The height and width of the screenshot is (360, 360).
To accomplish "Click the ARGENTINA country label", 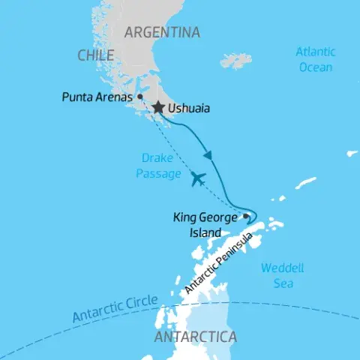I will [x=162, y=32].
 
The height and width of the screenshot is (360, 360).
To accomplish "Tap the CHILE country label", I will [x=95, y=55].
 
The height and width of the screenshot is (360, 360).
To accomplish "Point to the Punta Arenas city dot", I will [x=140, y=97].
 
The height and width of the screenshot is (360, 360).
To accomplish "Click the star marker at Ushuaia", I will [x=158, y=109].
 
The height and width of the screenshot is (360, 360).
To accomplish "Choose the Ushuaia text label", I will [x=189, y=109].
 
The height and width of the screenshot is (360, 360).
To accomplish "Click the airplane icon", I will [x=198, y=178].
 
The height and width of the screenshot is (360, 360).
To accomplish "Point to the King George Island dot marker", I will [x=246, y=217].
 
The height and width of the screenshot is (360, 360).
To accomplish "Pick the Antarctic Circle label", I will [x=115, y=309].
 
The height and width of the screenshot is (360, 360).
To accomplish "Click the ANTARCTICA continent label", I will [x=195, y=337].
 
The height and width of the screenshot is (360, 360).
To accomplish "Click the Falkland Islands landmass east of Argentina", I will [x=237, y=59].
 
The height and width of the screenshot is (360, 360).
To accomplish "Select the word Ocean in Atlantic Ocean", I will [x=315, y=67].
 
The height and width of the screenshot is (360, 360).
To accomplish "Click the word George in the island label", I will [x=217, y=218].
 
